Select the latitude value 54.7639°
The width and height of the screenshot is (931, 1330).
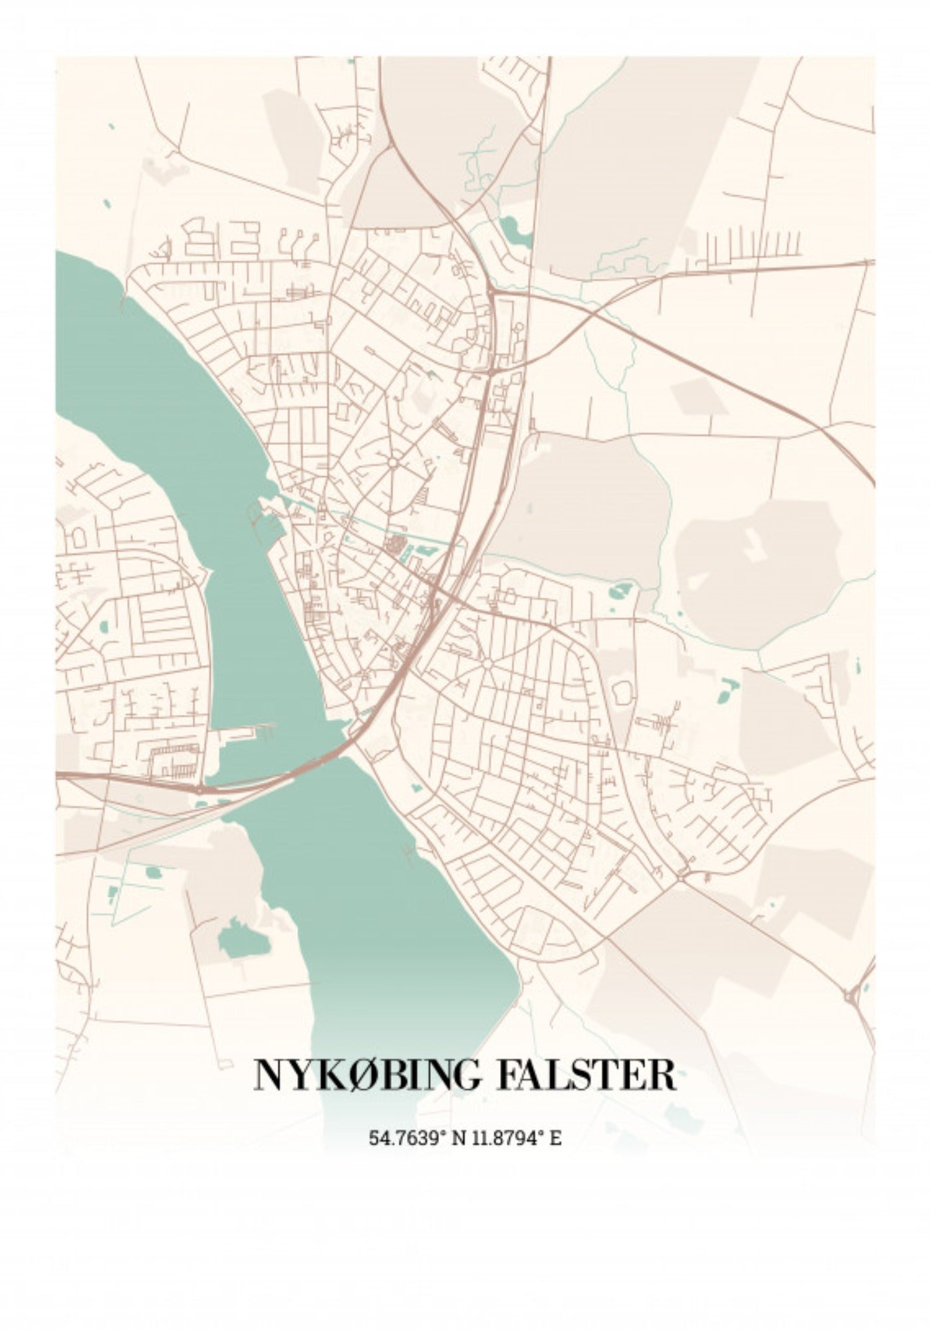point(406,1137)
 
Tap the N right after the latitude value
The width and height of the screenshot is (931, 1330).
point(458,1137)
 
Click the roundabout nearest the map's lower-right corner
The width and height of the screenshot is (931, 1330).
point(852,996)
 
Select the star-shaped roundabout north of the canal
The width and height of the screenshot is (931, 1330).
point(393,462)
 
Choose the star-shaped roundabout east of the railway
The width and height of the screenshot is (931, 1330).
point(487,664)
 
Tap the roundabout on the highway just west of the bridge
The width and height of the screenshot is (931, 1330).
point(199,790)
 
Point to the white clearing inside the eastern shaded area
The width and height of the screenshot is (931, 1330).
point(751,545)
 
